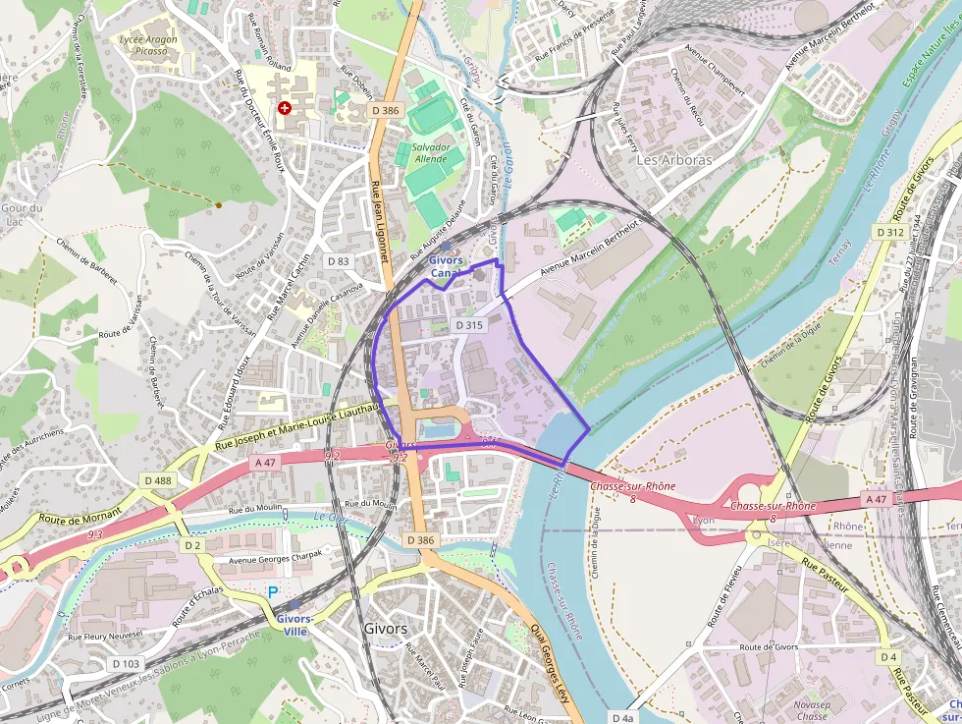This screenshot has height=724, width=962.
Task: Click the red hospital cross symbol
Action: point(285,108)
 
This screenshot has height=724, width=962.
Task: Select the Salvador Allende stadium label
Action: point(431,152)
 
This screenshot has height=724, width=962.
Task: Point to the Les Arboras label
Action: point(673,159)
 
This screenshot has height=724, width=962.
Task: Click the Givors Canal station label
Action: point(447,266)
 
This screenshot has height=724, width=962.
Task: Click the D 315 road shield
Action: point(469,324)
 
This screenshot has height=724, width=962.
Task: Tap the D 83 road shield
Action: point(337,261)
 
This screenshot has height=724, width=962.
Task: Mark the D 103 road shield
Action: point(126,664)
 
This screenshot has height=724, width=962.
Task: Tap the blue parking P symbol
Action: point(273,592)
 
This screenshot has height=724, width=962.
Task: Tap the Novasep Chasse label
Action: point(812,710)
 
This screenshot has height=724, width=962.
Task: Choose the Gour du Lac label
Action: point(22,214)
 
